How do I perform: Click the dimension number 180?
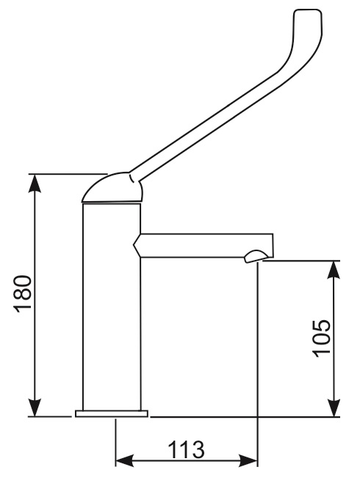point(23,294)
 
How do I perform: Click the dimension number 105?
point(322,338)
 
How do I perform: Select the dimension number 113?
point(186,449)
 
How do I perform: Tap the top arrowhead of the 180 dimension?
point(35,184)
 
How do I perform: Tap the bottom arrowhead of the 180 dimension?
point(35,407)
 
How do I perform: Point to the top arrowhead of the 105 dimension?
point(334,270)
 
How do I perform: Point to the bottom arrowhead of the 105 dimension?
point(334,407)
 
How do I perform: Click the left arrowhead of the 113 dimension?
point(125,460)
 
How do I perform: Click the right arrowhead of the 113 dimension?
point(248,460)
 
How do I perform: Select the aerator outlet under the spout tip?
point(256,256)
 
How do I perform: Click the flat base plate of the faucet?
point(112,413)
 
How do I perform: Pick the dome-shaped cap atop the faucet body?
point(112,188)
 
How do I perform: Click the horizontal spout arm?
point(204,245)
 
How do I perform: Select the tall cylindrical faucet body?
point(112,307)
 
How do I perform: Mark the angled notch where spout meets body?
point(137,245)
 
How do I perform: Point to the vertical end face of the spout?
point(273,245)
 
